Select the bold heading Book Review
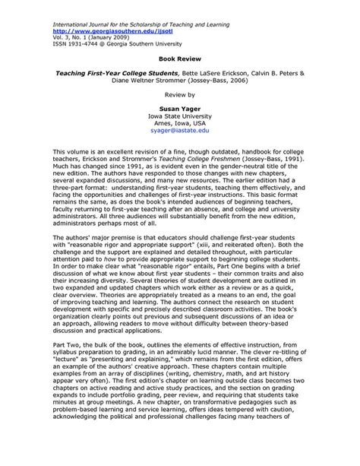(x=179, y=56)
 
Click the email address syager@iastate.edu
(x=179, y=131)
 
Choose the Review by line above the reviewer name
(x=179, y=97)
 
